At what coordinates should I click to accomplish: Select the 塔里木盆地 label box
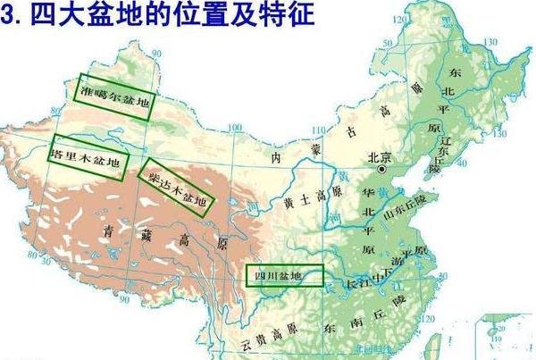click(88, 158)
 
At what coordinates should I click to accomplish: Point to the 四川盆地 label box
click(284, 276)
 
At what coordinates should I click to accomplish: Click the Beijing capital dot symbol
click(382, 169)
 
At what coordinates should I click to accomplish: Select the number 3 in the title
click(11, 16)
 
